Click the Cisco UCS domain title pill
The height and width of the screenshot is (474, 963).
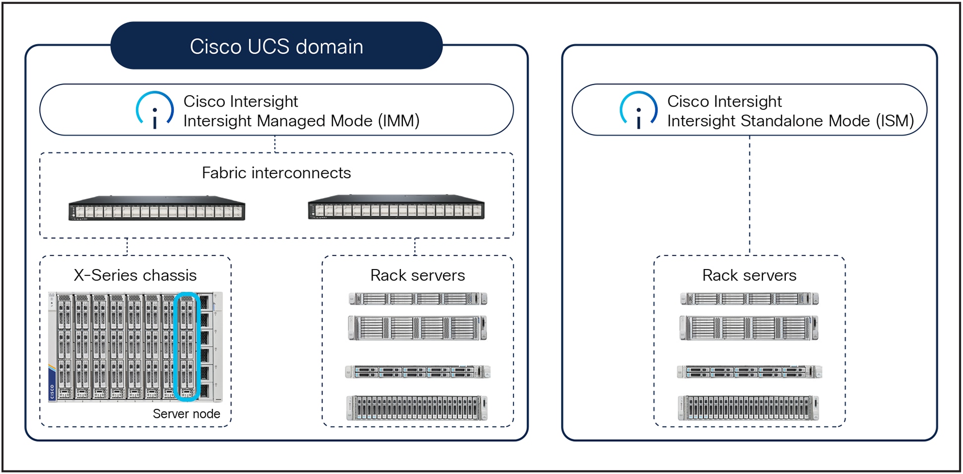(x=276, y=46)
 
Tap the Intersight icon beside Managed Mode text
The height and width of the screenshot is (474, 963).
(x=155, y=110)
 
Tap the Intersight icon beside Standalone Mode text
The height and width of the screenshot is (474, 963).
(x=639, y=110)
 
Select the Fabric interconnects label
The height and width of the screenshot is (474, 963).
(x=276, y=173)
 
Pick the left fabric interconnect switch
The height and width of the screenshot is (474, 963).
(x=157, y=208)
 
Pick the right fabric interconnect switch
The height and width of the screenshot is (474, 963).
(x=396, y=207)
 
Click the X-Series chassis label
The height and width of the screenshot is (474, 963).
(x=135, y=275)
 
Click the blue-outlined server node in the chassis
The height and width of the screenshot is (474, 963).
(x=187, y=346)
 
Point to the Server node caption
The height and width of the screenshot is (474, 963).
(x=186, y=413)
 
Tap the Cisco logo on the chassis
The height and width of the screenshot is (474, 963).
(x=52, y=391)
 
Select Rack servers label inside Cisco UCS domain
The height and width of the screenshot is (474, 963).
(x=417, y=275)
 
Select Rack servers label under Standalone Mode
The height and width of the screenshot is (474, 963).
(x=749, y=275)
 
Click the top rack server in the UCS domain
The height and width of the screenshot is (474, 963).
(x=418, y=298)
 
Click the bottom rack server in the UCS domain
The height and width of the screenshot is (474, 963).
(x=417, y=408)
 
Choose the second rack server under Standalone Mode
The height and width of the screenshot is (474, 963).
(x=749, y=328)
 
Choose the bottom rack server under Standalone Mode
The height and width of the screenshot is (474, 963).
(x=748, y=408)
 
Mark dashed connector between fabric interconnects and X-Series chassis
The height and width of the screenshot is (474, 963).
(x=127, y=247)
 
